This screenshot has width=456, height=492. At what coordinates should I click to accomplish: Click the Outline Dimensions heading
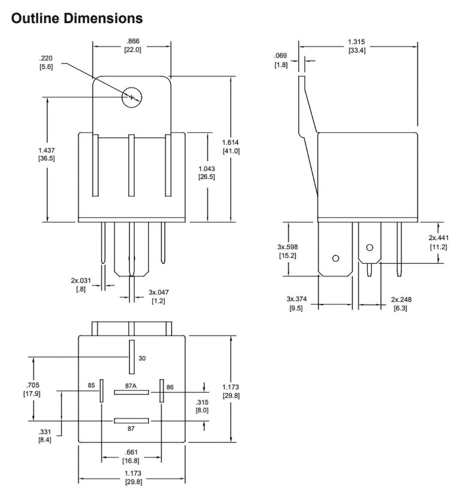point(76,18)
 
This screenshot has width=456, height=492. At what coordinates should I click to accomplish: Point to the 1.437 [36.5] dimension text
point(47,154)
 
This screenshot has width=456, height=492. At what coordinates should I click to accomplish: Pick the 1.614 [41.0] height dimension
point(231,147)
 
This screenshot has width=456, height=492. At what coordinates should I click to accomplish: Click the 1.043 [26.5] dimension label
point(207,172)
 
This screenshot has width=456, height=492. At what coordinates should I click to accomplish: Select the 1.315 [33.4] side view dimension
point(356,46)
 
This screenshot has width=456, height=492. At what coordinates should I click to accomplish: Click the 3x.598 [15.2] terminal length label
point(287,251)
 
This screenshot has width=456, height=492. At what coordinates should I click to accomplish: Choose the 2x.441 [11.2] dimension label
point(438,243)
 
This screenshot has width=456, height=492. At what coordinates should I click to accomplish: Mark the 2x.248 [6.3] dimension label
point(401,304)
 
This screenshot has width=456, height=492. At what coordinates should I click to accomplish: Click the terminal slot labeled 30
point(131,357)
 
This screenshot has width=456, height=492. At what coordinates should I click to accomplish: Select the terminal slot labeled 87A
point(131,392)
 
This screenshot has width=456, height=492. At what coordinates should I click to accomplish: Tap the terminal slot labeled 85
point(102,391)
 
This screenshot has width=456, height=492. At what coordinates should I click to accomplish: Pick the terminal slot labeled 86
point(161,391)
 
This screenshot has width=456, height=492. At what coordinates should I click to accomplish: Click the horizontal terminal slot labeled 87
point(131,421)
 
